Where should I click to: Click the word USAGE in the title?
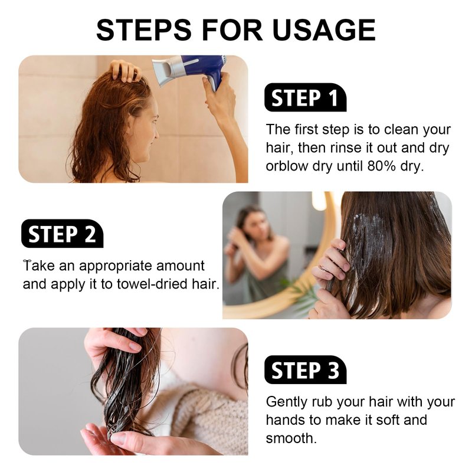324,29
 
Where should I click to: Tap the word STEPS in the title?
144,29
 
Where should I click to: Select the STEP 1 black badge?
305,97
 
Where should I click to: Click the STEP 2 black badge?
63,234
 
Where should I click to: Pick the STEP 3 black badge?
305,370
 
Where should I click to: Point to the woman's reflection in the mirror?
256,253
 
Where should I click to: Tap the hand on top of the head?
125,71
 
